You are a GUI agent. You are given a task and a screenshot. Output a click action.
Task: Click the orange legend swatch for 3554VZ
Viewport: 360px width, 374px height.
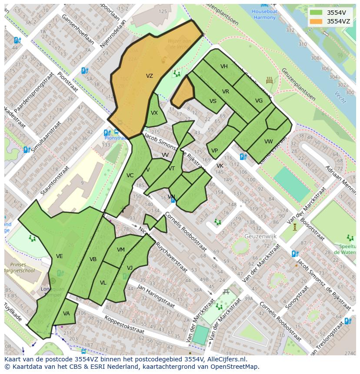click(x=316, y=21)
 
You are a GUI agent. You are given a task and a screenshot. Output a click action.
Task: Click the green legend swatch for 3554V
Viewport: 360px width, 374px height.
click(x=316, y=12)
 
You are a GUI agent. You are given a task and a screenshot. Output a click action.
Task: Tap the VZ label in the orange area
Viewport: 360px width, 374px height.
click(x=150, y=76)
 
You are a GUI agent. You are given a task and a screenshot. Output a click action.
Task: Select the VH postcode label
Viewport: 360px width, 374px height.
click(x=224, y=66)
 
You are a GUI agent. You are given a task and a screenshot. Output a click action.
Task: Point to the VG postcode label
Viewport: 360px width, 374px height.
click(x=259, y=101)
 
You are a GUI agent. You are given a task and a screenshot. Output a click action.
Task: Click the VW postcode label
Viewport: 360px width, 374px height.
click(x=269, y=142)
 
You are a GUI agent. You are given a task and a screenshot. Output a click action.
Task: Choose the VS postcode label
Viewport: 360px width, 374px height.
click(x=213, y=101)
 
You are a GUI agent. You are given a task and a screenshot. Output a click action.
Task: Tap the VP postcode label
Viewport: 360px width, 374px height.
click(x=214, y=151)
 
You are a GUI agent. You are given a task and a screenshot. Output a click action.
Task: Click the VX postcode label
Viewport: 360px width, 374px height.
click(x=154, y=113)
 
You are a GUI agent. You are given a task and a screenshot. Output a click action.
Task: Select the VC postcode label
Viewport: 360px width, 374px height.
click(x=130, y=175)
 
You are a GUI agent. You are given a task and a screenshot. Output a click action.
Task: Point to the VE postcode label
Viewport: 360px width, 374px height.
click(x=60, y=256)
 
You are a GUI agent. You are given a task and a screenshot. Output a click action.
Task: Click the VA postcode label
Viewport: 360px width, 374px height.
click(x=67, y=314)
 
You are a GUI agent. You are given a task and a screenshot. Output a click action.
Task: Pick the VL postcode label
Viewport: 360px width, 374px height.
click(x=103, y=283)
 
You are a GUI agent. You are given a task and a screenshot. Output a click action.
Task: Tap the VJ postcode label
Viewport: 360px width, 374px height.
click(x=130, y=268)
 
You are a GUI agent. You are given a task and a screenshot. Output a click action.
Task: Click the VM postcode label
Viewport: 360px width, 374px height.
click(x=121, y=250)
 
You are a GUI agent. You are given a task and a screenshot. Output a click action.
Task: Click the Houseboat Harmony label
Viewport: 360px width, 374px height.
click(x=264, y=14)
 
